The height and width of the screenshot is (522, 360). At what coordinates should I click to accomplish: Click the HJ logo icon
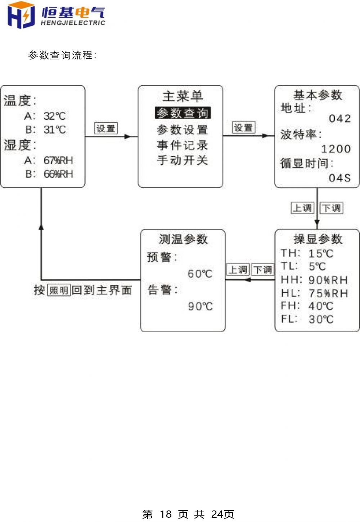[x=21, y=15]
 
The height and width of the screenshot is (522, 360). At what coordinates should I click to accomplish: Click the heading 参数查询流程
[x=62, y=55]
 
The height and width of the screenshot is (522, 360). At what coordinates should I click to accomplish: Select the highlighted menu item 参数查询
[x=183, y=113]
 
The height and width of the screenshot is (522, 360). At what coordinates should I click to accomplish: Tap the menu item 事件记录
[x=182, y=145]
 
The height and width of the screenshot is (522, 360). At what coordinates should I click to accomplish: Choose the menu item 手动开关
[x=182, y=160]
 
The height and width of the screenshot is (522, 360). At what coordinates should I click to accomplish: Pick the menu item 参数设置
[x=182, y=130]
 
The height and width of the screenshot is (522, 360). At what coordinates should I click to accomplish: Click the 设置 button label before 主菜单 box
[x=106, y=128]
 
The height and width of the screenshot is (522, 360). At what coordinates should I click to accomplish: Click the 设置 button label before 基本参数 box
[x=243, y=127]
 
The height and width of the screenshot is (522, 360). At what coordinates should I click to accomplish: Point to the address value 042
[x=340, y=118]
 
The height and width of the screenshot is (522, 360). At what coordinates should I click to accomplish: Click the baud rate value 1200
[x=336, y=149]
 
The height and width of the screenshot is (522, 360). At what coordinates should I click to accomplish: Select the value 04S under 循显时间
[x=339, y=178]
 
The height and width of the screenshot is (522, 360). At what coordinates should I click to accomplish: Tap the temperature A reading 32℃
[x=55, y=116]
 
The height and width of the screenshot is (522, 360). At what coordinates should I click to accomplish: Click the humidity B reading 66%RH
[x=58, y=174]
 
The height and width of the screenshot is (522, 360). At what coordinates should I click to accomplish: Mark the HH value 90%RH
[x=328, y=280]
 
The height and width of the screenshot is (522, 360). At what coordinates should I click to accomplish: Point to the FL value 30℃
[x=321, y=319]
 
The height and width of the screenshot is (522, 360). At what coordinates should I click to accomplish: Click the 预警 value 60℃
[x=200, y=274]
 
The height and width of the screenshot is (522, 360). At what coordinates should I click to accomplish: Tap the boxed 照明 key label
[x=59, y=291]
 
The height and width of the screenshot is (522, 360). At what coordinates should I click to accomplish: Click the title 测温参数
[x=183, y=239]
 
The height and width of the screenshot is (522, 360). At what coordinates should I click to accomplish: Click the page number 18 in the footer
[x=166, y=514]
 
